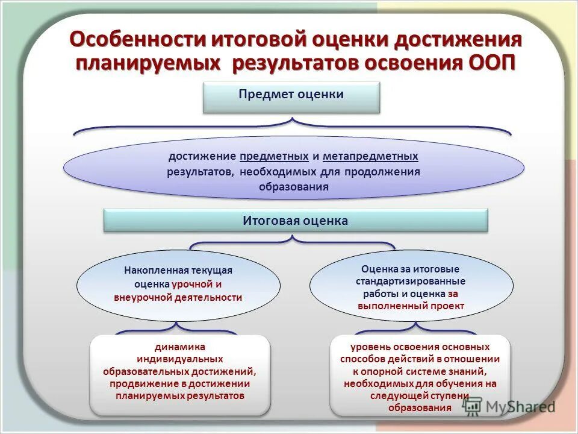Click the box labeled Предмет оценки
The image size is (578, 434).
click(291, 97)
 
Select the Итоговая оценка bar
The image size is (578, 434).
click(295, 221)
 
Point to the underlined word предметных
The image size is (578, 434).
click(274, 156)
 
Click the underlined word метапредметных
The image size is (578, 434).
click(370, 156)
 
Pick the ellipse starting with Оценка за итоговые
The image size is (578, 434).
click(411, 287)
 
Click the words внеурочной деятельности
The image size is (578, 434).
click(178, 297)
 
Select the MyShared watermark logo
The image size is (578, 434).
click(509, 406)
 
